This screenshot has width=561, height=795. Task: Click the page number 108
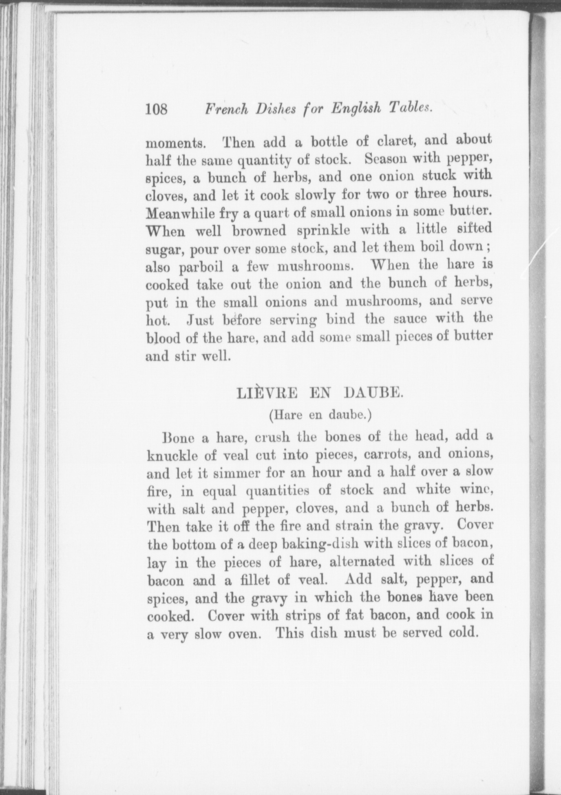[157, 110]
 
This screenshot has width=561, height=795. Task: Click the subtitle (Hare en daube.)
[320, 415]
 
